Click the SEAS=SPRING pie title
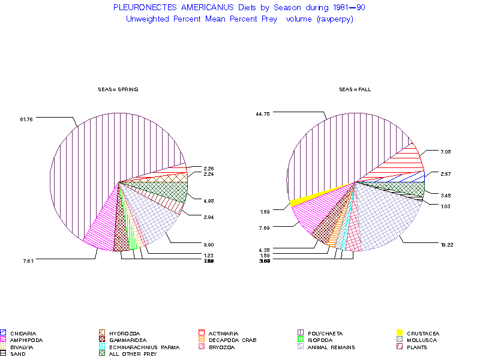118,89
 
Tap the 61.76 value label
26,119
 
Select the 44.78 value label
263,113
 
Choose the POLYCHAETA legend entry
325,333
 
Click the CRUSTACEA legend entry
423,333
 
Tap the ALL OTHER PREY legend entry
133,354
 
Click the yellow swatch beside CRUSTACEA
399,333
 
